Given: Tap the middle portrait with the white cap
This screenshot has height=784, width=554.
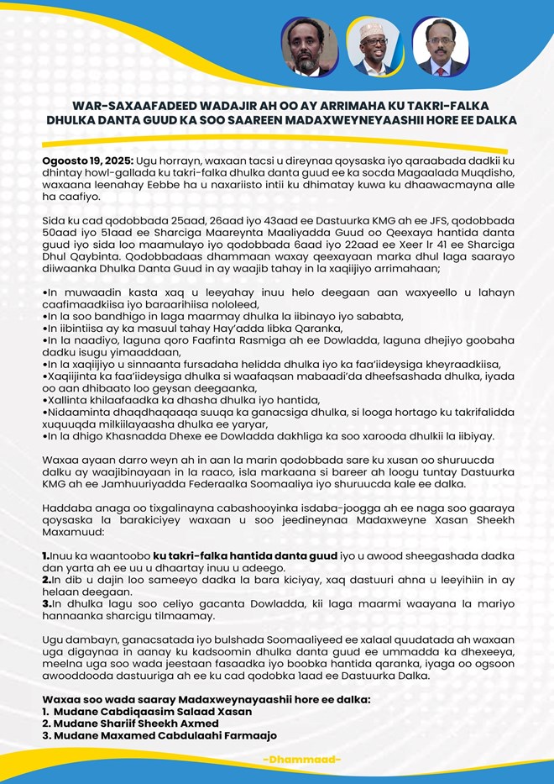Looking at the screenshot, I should click(374, 47).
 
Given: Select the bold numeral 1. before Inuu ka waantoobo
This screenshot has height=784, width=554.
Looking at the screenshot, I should click(46, 557).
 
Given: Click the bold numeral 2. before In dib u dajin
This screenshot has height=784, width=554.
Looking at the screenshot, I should click(46, 579).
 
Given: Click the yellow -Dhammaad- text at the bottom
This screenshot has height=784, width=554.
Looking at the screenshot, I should click(301, 760).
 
